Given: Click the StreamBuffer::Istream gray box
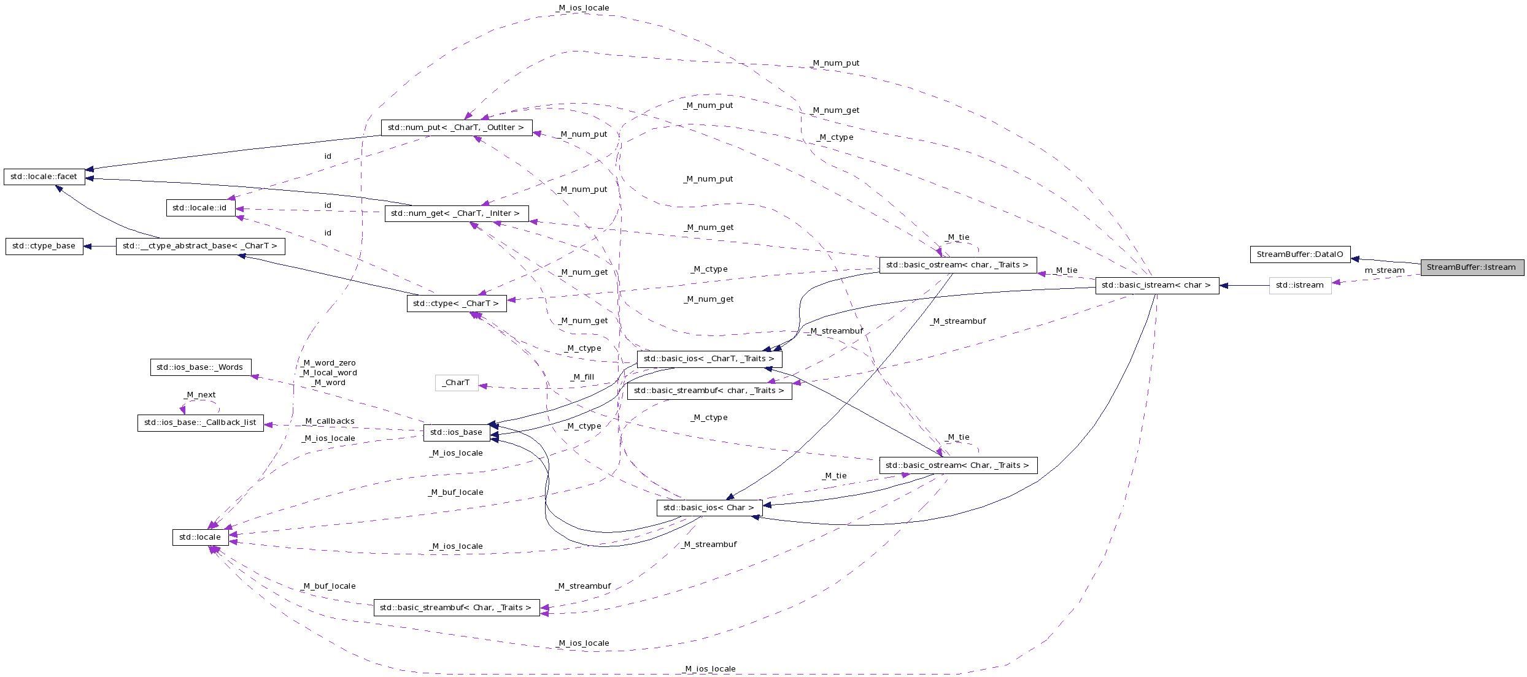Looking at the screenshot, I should tap(1472, 267).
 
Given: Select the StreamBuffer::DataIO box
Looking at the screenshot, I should tap(1300, 254).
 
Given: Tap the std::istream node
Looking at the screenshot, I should tap(1300, 285).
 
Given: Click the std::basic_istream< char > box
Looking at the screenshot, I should tap(1156, 285).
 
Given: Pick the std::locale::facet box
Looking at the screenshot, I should tap(44, 177).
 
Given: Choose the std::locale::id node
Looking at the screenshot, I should tap(199, 208).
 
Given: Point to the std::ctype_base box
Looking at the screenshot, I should tap(44, 246).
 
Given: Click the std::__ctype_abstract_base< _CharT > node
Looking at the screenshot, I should tap(200, 246).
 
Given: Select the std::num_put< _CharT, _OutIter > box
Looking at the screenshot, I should tap(456, 128).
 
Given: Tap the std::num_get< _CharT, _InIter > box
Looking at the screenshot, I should tap(455, 213).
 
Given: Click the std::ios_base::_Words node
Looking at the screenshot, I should tap(200, 367).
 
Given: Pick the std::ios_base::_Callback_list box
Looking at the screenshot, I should tap(200, 423).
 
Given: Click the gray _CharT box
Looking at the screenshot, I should tap(456, 383).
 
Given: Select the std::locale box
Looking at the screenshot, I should tap(200, 537).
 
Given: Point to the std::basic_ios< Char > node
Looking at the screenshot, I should tap(709, 508).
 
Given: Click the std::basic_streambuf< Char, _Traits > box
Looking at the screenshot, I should tap(456, 608).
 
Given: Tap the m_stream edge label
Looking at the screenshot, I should tap(1384, 270).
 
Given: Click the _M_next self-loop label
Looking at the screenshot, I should tap(200, 395).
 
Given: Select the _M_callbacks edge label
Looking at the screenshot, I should tap(330, 421).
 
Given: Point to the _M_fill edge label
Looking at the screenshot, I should tap(582, 377).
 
